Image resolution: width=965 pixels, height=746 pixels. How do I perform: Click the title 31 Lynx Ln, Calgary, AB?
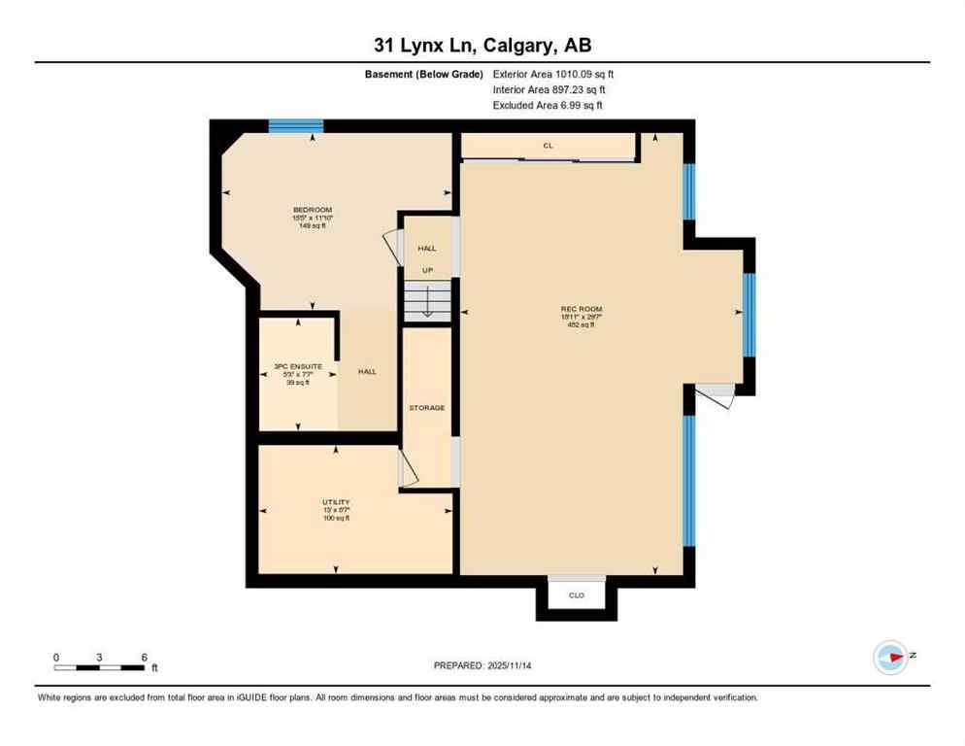pyautogui.click(x=482, y=45)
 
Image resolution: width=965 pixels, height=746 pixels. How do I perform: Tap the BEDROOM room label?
pyautogui.click(x=313, y=210)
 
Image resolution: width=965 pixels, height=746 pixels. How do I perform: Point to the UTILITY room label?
pyautogui.click(x=336, y=502)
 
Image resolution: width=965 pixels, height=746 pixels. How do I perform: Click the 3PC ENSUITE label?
pyautogui.click(x=297, y=366)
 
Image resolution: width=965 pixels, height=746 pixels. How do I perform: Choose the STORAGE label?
pyautogui.click(x=426, y=408)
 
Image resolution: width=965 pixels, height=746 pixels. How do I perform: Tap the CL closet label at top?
pyautogui.click(x=548, y=146)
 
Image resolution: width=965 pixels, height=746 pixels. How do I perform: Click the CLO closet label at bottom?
pyautogui.click(x=577, y=595)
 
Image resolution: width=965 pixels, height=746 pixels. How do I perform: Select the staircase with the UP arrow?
pyautogui.click(x=427, y=301)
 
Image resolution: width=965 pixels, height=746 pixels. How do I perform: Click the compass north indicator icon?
pyautogui.click(x=890, y=658)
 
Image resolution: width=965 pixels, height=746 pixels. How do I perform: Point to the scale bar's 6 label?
pyautogui.click(x=144, y=658)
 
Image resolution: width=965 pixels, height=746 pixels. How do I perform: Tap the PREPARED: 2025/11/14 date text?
pyautogui.click(x=482, y=665)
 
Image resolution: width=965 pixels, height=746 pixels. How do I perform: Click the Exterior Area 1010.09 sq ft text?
pyautogui.click(x=553, y=74)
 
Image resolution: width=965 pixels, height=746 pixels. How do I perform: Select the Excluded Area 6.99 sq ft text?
pyautogui.click(x=548, y=105)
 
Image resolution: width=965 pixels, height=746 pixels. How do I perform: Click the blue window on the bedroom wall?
pyautogui.click(x=295, y=125)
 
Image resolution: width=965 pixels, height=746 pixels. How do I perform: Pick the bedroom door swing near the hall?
pyautogui.click(x=392, y=246)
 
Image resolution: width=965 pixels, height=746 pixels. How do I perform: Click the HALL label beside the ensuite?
pyautogui.click(x=367, y=372)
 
